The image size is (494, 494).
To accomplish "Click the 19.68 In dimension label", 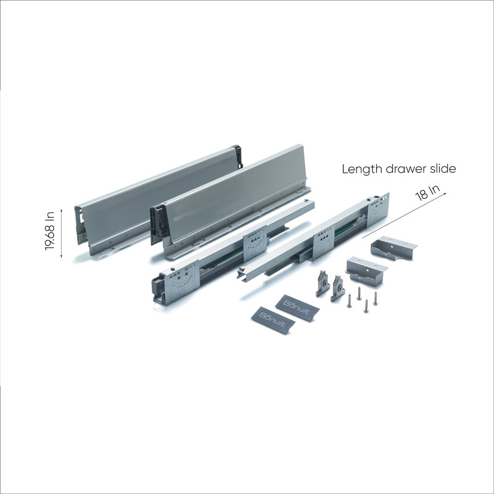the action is [50, 231].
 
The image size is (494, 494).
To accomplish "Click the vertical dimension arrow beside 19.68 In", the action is [61, 233].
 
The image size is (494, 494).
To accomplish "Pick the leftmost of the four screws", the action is [349, 300].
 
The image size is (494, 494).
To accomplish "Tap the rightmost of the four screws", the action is [375, 298].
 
